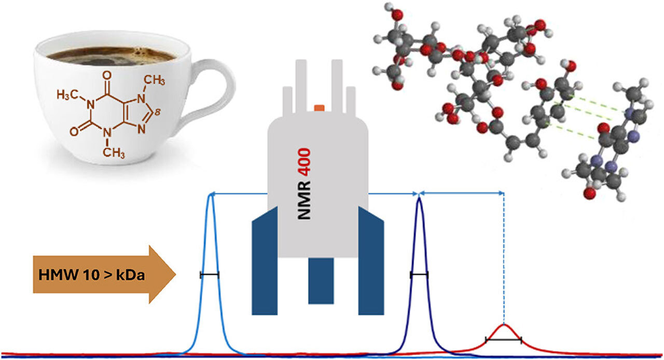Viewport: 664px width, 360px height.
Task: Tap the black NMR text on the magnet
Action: (x=304, y=200)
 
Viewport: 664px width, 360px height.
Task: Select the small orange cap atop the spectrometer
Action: (x=319, y=108)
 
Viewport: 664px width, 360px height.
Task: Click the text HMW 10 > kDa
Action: (x=92, y=275)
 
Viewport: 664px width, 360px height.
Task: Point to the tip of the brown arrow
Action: (x=176, y=274)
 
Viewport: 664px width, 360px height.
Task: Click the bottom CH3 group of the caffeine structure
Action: (x=114, y=153)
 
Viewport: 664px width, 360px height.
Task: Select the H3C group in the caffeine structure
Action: (x=67, y=95)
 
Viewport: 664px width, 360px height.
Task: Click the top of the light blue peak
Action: (x=211, y=194)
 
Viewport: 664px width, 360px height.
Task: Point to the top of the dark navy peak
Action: (x=419, y=198)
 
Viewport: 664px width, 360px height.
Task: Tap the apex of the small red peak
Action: (x=504, y=325)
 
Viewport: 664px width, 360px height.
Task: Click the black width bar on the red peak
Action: (x=503, y=340)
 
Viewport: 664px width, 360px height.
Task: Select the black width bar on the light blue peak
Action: (x=210, y=275)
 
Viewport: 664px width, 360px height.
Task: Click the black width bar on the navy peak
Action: (x=419, y=275)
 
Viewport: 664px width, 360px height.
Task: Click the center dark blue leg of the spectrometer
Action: (x=321, y=281)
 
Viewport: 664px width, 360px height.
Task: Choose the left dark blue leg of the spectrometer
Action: (x=265, y=260)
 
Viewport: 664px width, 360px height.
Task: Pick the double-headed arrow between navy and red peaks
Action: (x=462, y=193)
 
